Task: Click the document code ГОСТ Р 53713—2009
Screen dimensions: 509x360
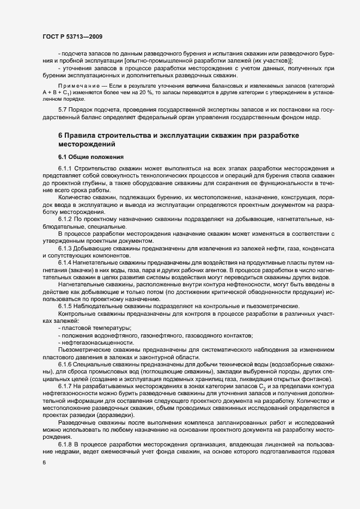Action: click(69, 37)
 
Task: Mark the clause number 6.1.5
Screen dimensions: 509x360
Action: click(65, 306)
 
